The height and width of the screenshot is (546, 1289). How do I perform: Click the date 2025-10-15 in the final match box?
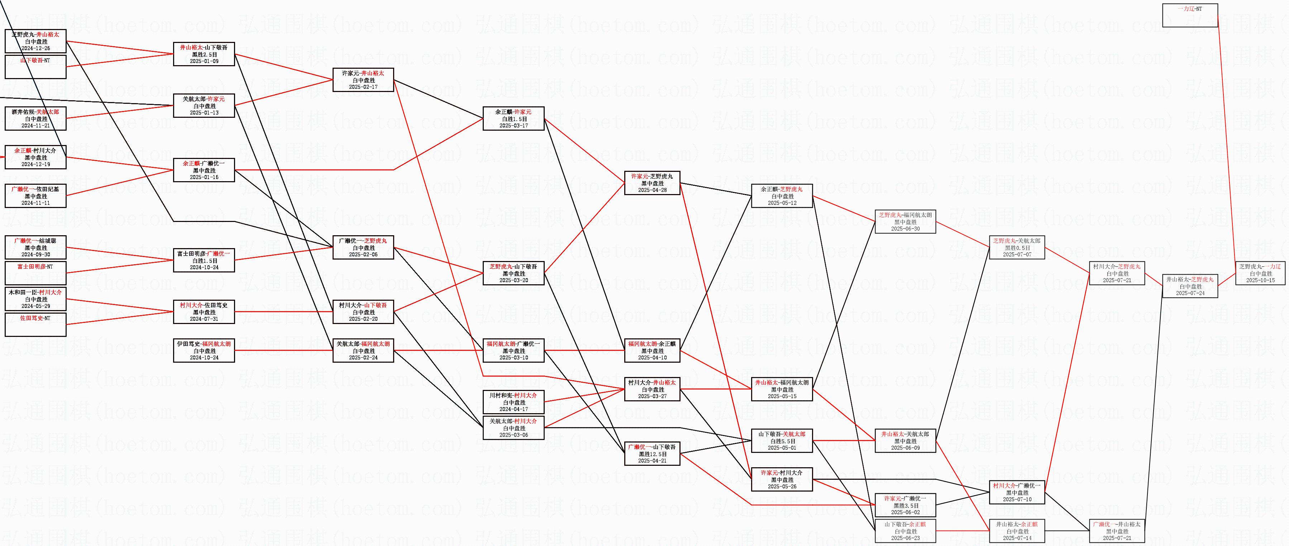[x=1260, y=280]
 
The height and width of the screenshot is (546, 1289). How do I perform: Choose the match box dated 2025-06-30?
[x=905, y=222]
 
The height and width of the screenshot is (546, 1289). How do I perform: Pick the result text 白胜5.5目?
[x=782, y=441]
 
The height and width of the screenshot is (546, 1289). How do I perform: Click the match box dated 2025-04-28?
[x=652, y=183]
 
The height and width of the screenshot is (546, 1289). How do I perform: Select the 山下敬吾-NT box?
[x=35, y=67]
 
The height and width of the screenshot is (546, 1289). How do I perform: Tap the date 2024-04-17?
[x=514, y=409]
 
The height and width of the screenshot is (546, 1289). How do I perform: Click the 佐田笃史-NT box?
[x=35, y=324]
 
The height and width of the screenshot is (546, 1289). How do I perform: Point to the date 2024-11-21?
[x=35, y=126]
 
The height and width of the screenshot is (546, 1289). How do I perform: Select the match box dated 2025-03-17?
[x=514, y=119]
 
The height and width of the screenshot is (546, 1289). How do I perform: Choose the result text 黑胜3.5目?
[x=905, y=506]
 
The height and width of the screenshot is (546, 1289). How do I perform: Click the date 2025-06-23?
[x=905, y=538]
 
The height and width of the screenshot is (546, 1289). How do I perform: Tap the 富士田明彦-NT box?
[x=35, y=273]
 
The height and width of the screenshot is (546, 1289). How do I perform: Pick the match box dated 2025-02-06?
[x=363, y=247]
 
